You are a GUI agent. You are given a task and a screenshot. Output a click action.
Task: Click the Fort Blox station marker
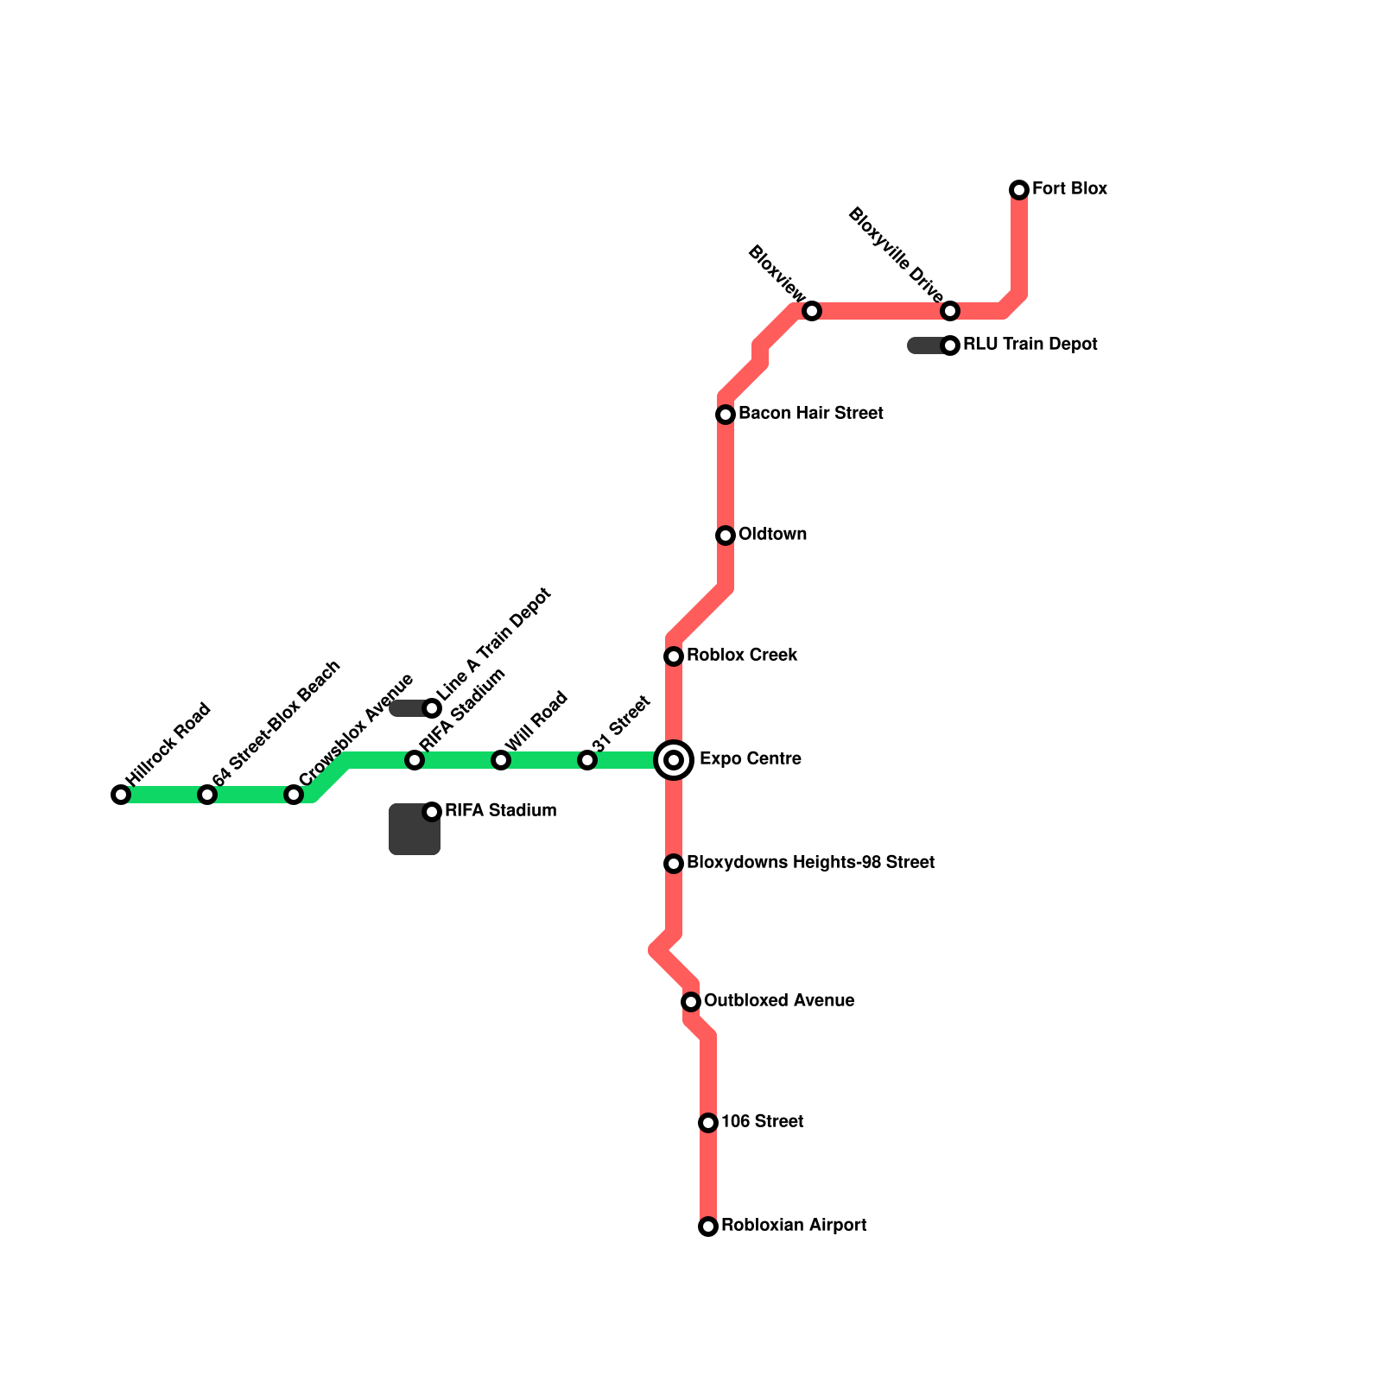pyautogui.click(x=1019, y=190)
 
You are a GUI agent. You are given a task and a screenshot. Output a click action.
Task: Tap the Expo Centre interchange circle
pyautogui.click(x=674, y=760)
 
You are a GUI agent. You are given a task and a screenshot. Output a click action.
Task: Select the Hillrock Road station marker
pyautogui.click(x=121, y=795)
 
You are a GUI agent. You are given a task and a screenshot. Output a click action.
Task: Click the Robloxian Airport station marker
pyautogui.click(x=708, y=1227)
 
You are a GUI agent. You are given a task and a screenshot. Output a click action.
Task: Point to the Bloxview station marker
pyautogui.click(x=812, y=311)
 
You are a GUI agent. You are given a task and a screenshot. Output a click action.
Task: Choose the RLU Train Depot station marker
pyautogui.click(x=950, y=345)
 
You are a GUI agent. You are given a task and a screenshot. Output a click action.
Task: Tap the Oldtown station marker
pyautogui.click(x=726, y=536)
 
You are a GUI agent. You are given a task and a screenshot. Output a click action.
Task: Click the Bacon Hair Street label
pyautogui.click(x=810, y=414)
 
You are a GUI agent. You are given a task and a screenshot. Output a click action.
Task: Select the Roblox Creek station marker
pyautogui.click(x=674, y=656)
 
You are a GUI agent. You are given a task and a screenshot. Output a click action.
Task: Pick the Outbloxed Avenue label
pyautogui.click(x=779, y=1001)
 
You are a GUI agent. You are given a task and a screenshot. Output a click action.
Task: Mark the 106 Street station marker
pyautogui.click(x=708, y=1123)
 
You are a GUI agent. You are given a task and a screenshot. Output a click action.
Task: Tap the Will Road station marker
pyautogui.click(x=501, y=760)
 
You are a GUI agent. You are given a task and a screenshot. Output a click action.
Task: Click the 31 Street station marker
pyautogui.click(x=587, y=760)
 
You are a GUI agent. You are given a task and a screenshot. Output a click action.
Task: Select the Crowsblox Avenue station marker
pyautogui.click(x=294, y=795)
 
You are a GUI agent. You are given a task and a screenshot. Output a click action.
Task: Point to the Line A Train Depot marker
pyautogui.click(x=432, y=708)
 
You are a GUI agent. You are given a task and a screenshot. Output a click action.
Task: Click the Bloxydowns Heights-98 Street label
pyautogui.click(x=810, y=863)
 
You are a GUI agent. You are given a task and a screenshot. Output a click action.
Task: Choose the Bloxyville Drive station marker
pyautogui.click(x=950, y=311)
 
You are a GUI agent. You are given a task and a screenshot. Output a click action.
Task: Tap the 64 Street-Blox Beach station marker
pyautogui.click(x=207, y=795)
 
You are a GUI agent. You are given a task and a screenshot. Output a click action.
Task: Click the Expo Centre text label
pyautogui.click(x=750, y=759)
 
